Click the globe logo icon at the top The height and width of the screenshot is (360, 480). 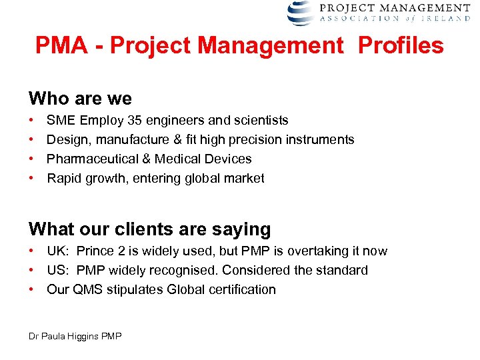pyautogui.click(x=300, y=13)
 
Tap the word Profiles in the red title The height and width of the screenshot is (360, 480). pyautogui.click(x=401, y=46)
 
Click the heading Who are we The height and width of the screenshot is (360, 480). pyautogui.click(x=80, y=99)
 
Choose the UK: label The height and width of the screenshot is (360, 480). pyautogui.click(x=57, y=251)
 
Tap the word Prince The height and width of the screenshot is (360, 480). pyautogui.click(x=95, y=251)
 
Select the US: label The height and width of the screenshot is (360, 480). pyautogui.click(x=57, y=271)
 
